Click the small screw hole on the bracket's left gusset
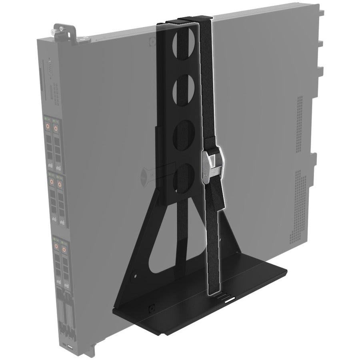(x=136, y=276)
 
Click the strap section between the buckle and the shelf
(x=215, y=240)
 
